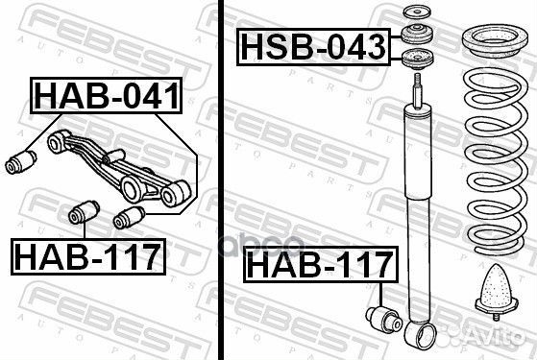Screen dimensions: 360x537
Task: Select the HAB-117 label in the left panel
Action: pos(87,255)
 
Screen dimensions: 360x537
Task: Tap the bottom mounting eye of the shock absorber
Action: pos(422,336)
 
